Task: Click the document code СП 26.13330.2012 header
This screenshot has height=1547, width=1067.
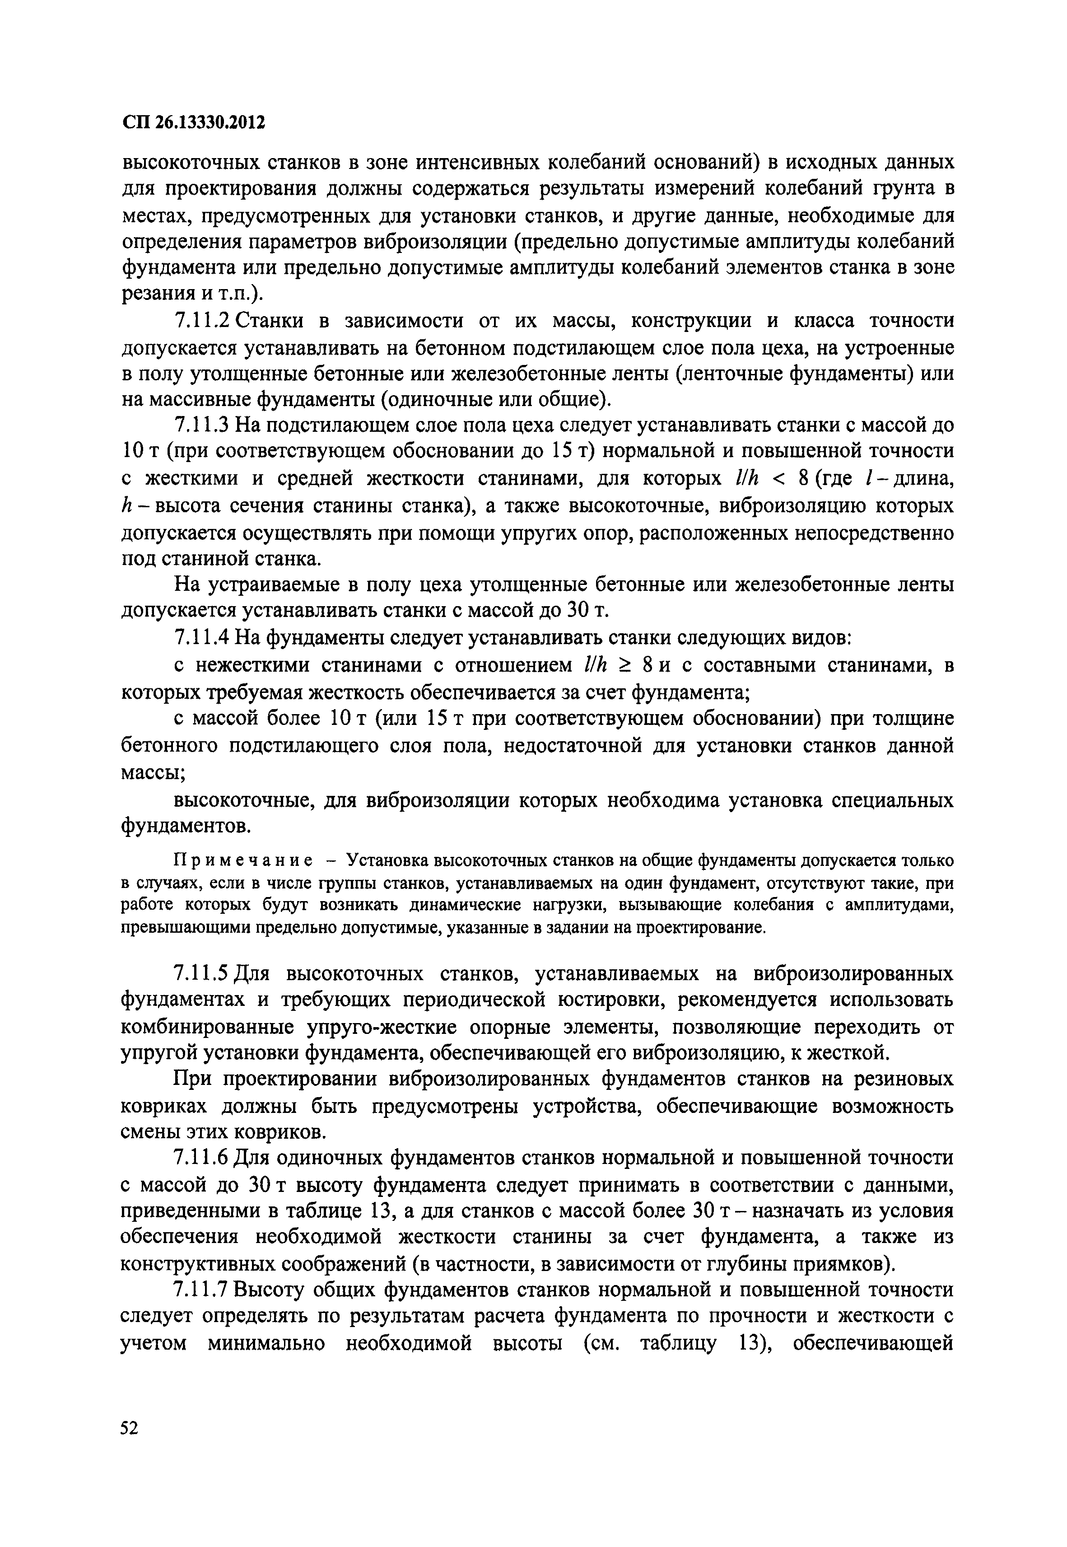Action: (x=194, y=123)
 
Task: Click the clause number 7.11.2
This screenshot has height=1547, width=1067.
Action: (x=203, y=321)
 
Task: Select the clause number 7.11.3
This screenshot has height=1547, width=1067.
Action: (x=203, y=425)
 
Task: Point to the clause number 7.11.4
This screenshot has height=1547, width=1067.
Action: (x=203, y=639)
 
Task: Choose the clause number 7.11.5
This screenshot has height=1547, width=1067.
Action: (x=203, y=974)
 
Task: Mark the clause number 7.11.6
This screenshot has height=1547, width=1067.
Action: (x=203, y=1158)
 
